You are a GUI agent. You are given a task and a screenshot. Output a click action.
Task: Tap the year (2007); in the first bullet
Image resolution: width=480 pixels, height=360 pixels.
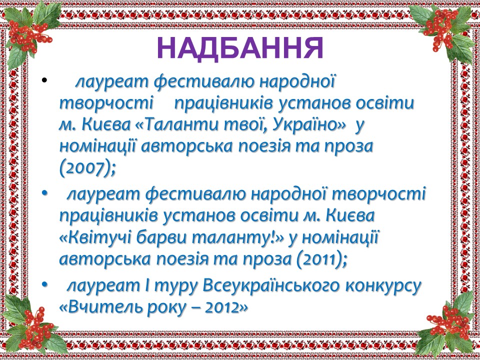click(x=88, y=168)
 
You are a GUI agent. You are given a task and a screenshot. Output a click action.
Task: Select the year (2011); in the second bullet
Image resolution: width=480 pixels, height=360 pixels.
click(x=321, y=259)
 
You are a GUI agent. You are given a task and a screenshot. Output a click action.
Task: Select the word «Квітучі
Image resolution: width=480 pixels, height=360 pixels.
click(x=95, y=238)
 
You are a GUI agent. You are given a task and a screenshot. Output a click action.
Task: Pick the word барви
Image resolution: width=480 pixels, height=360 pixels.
click(x=161, y=238)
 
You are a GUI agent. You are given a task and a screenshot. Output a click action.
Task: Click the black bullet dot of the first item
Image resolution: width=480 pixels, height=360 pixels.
click(x=44, y=81)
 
